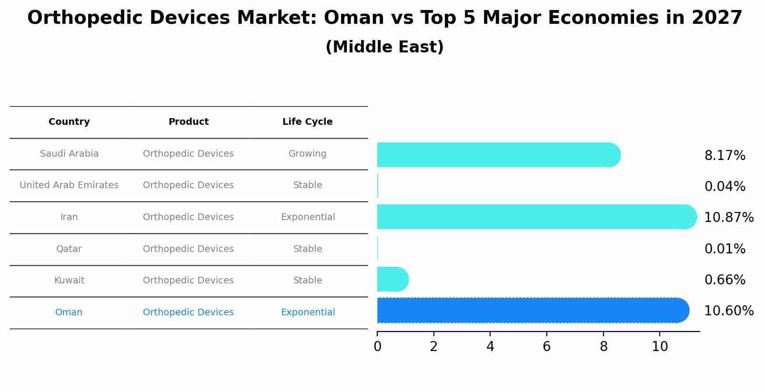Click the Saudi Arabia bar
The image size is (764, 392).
pos(498,155)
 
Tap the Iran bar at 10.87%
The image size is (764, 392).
pos(536,217)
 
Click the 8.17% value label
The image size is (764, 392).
pos(724,156)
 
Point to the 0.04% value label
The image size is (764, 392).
pos(724,187)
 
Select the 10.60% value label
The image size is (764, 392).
pos(728,311)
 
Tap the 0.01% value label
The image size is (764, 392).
pos(724,249)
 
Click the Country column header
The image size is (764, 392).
pos(69,122)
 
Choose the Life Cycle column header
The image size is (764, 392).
pos(307,122)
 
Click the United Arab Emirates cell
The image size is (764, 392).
pos(69,185)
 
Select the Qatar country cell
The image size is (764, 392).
pos(69,249)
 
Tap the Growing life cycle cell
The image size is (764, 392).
pos(307,154)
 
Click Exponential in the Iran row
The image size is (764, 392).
pos(308,217)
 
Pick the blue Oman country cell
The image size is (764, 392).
pos(69,312)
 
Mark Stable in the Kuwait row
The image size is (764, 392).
pos(307,281)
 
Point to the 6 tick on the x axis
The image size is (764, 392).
pos(547,347)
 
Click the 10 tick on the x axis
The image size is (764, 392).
pos(660,347)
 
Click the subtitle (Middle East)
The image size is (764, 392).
pos(384,47)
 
